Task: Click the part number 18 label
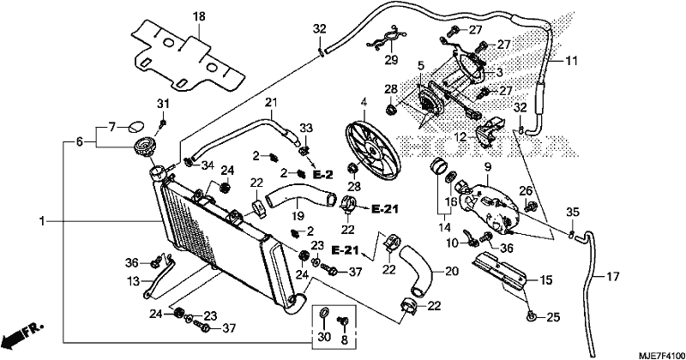coord(199,17)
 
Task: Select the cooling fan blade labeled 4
coord(373,150)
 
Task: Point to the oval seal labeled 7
coord(135,128)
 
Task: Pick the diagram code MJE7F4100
coord(660,354)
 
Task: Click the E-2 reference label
coord(323,175)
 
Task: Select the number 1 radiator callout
coord(42,222)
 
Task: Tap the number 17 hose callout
coord(613,277)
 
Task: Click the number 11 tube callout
coord(572,61)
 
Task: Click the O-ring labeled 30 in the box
coord(324,313)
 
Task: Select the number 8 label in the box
coord(344,340)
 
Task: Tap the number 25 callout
coord(553,317)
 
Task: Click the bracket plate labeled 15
coord(500,272)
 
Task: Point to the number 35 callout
coord(573,213)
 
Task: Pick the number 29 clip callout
coord(392,60)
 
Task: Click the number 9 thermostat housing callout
coord(488,166)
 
